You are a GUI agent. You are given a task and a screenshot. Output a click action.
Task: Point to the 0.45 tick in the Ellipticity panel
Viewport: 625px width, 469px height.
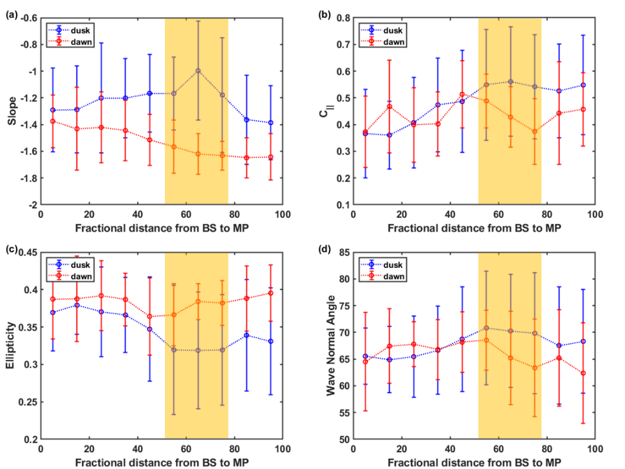coord(26,252)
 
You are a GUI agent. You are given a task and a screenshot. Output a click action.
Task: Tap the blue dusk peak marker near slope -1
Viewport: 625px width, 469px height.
coord(198,70)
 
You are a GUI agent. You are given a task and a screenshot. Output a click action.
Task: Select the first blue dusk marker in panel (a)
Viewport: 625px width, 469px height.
coord(53,110)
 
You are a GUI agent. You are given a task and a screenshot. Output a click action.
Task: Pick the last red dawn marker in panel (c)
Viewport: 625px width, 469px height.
coord(271,293)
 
